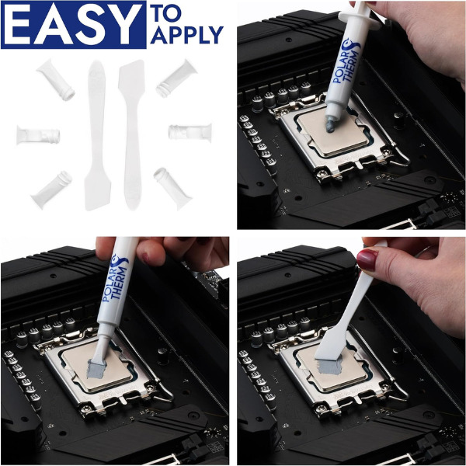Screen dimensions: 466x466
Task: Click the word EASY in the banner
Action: point(74,23)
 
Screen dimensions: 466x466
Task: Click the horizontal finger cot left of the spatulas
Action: point(38,134)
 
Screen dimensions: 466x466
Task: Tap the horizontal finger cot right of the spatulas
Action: point(190,131)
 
